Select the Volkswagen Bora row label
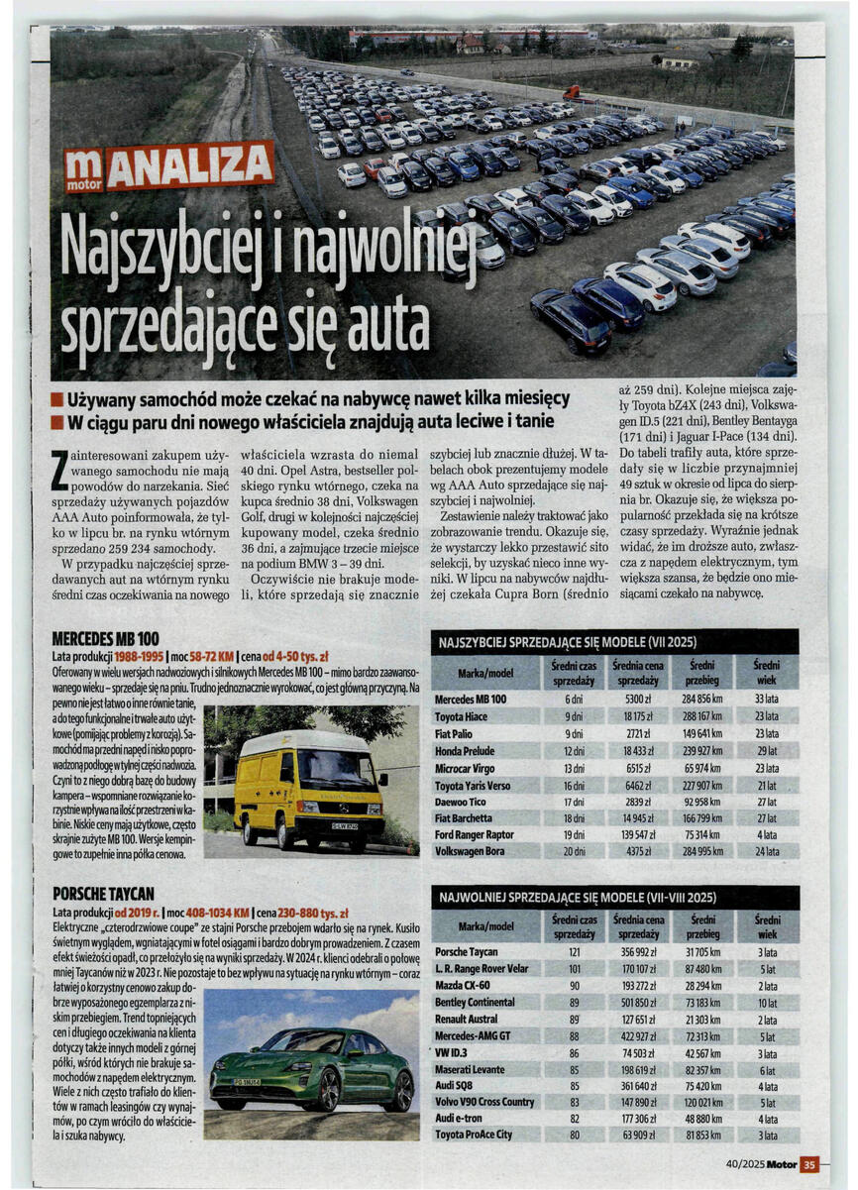[x=470, y=851]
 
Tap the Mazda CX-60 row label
[x=462, y=987]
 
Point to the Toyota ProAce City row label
[x=474, y=1136]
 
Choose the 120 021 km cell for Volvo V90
[x=702, y=1102]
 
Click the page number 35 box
[x=808, y=1165]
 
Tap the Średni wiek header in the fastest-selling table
[x=766, y=673]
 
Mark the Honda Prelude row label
[x=465, y=750]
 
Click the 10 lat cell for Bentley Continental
[x=767, y=1003]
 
